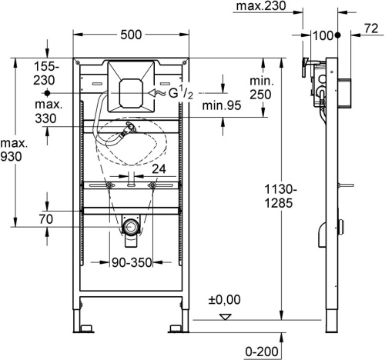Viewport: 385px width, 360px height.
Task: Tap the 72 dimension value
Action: click(370, 29)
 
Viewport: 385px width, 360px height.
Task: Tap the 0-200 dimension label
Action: click(261, 350)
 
